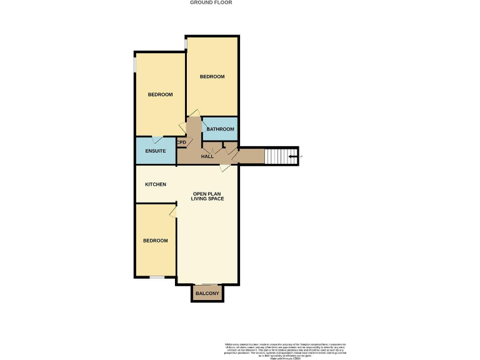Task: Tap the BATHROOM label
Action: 221,129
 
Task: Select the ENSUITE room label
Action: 155,151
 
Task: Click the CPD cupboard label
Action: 181,142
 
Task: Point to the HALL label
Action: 207,156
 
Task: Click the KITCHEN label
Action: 156,184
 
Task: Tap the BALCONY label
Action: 207,293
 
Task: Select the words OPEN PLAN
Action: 207,193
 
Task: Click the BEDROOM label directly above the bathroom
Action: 212,76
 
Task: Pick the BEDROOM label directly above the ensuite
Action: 160,94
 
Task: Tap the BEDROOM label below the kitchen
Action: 155,241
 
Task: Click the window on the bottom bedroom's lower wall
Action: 156,277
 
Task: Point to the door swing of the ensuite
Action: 157,139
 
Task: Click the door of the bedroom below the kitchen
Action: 173,213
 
